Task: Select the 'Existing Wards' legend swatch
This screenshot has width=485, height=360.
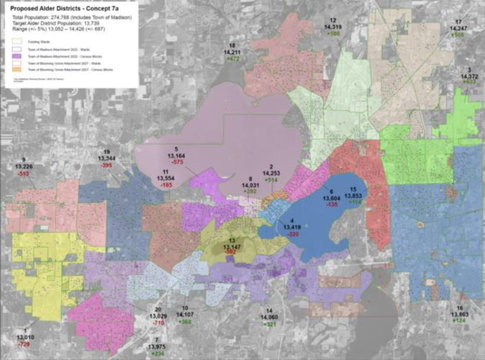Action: pyautogui.click(x=16, y=40)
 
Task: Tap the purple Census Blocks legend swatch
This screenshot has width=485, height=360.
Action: pyautogui.click(x=16, y=55)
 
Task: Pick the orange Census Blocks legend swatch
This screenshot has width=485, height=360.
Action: pyautogui.click(x=16, y=70)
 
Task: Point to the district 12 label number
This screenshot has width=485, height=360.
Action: pyautogui.click(x=333, y=20)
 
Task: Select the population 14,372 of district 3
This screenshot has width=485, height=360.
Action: pyautogui.click(x=468, y=76)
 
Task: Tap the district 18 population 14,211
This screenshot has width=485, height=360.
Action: pyautogui.click(x=232, y=52)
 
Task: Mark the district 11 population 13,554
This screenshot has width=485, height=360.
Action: pyautogui.click(x=162, y=178)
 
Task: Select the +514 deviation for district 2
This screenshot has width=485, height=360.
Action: pyautogui.click(x=271, y=181)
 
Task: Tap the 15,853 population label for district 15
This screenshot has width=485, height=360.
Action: pyautogui.click(x=353, y=195)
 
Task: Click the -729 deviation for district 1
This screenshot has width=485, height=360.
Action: pyautogui.click(x=24, y=345)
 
